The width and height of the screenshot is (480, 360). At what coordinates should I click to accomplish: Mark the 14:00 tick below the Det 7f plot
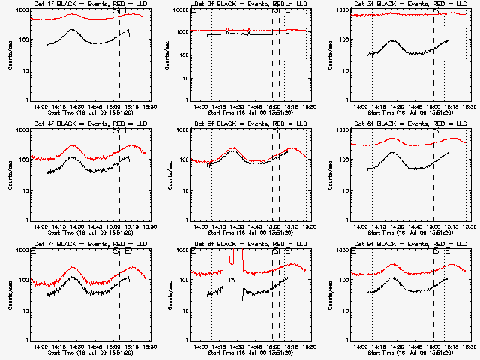[x=41, y=345]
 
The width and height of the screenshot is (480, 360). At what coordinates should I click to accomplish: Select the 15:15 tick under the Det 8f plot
[x=292, y=345]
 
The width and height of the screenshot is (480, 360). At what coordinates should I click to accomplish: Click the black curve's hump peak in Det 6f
[x=390, y=152]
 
